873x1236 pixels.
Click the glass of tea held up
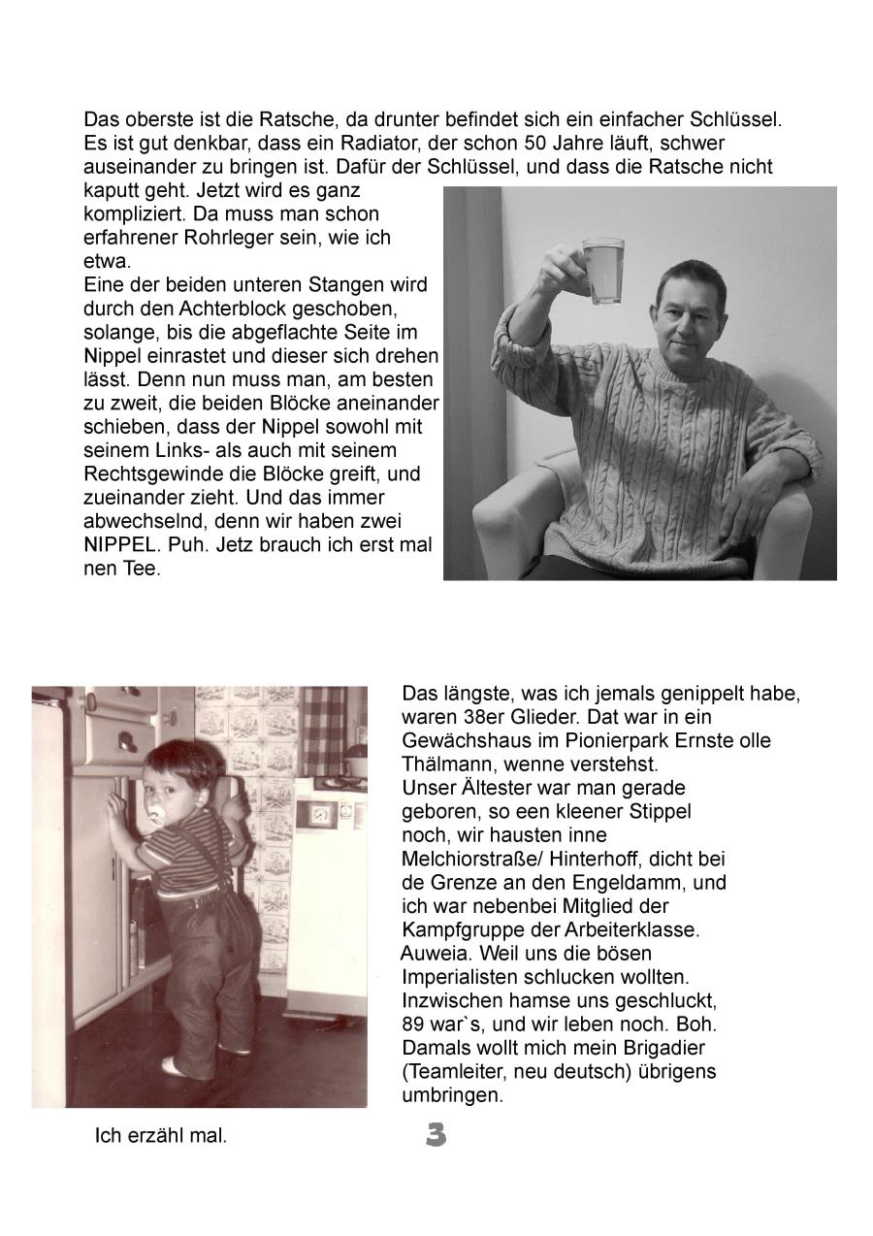(602, 271)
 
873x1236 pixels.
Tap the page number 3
(436, 1134)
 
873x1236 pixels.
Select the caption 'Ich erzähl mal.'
(160, 1136)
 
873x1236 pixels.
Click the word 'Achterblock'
(251, 309)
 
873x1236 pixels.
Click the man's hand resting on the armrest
(739, 496)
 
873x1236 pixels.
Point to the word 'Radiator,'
(374, 143)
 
